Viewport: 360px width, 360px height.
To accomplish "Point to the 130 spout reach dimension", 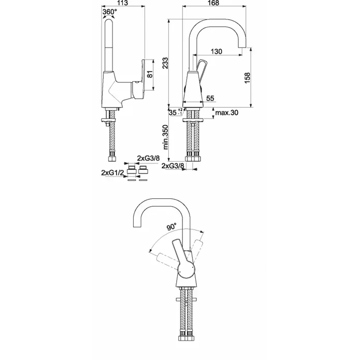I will (217, 51).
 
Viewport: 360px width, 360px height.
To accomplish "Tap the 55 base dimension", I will (210, 97).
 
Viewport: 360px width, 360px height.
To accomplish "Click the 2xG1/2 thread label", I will (112, 171).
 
